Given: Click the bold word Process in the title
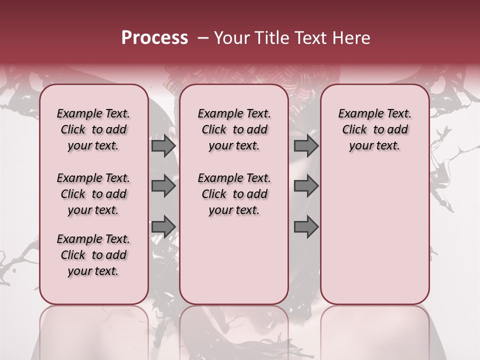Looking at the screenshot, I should pyautogui.click(x=154, y=38).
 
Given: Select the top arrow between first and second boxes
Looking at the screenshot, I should pyautogui.click(x=163, y=146).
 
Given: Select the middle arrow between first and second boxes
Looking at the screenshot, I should pyautogui.click(x=163, y=186).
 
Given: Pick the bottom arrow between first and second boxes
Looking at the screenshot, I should pyautogui.click(x=163, y=226).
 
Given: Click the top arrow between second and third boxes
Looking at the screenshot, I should pyautogui.click(x=306, y=146).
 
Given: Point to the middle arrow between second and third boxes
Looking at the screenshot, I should pyautogui.click(x=306, y=186).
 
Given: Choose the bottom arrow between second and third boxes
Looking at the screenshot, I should pyautogui.click(x=306, y=226).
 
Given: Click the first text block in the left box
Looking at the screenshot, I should pyautogui.click(x=93, y=129).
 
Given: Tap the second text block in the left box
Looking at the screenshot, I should pyautogui.click(x=93, y=194).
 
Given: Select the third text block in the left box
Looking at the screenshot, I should pyautogui.click(x=93, y=255).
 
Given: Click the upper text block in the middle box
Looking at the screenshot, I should pyautogui.click(x=234, y=129).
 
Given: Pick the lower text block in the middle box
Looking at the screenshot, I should pyautogui.click(x=234, y=194).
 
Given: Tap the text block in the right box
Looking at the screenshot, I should pyautogui.click(x=374, y=129).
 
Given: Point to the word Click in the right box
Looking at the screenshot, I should pyautogui.click(x=354, y=130).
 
